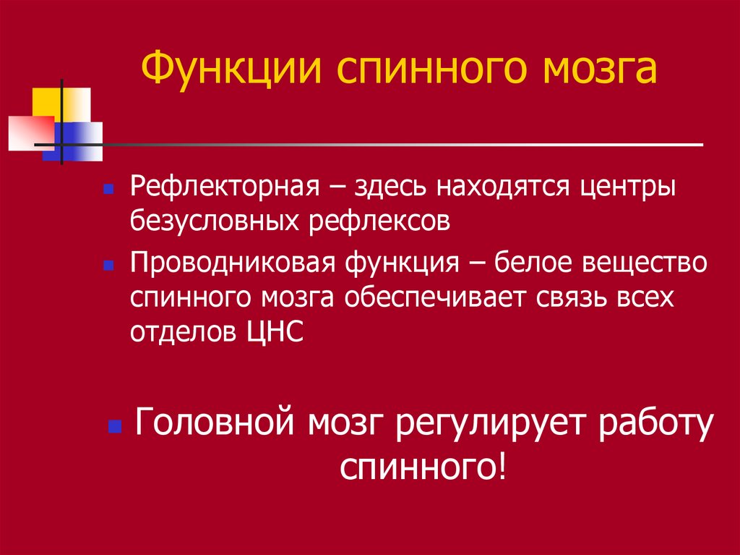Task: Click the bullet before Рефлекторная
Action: pyautogui.click(x=108, y=190)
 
